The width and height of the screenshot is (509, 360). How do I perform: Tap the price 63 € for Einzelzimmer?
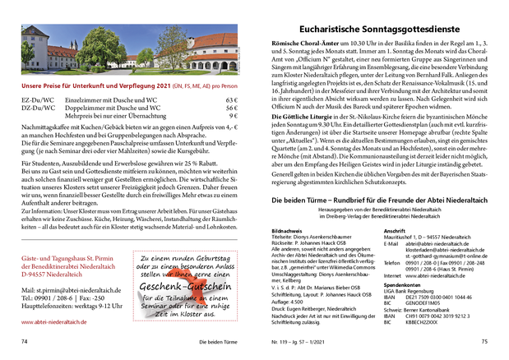tap(231, 99)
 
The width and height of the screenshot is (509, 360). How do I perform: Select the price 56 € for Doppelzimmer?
tap(231, 108)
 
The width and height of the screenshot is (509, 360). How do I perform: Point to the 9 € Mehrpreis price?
tap(233, 116)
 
